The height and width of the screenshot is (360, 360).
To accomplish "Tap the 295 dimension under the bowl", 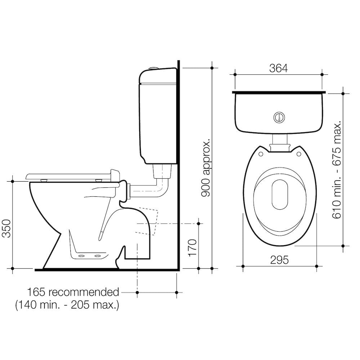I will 279,260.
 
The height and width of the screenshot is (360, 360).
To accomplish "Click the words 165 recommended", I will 73,292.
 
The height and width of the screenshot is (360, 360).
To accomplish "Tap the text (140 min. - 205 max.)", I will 67,305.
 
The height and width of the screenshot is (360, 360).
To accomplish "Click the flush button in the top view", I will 279,117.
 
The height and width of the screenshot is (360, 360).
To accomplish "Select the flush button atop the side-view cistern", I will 154,68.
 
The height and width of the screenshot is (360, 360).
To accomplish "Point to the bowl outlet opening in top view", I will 279,195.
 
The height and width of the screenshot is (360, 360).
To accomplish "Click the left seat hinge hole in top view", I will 260,153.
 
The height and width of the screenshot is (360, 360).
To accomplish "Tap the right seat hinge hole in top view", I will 299,153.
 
